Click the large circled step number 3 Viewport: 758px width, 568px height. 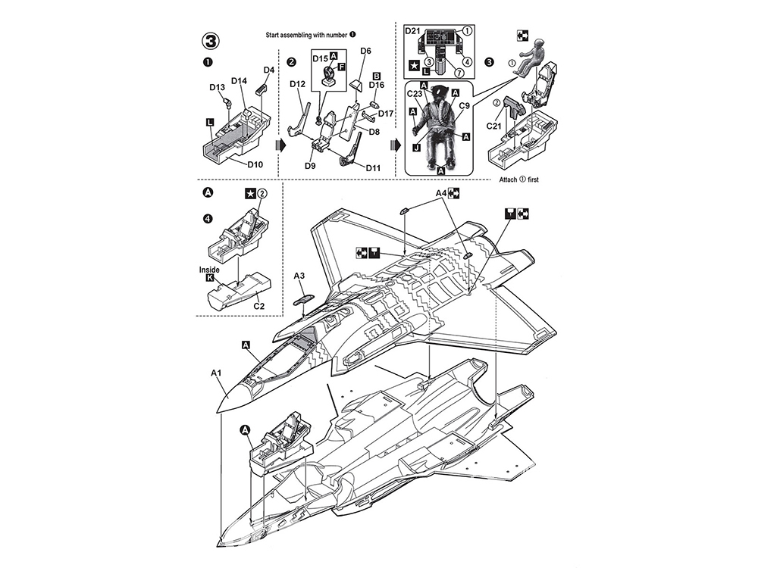pos(211,41)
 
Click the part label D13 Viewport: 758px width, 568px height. pos(217,87)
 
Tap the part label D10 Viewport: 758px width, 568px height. pos(255,164)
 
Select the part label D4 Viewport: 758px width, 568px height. pos(269,70)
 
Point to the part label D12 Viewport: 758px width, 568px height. pos(298,84)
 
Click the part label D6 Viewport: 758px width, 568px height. pos(365,51)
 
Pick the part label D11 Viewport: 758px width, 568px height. pos(373,168)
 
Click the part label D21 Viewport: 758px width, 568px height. pos(413,31)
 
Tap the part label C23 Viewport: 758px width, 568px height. pos(415,94)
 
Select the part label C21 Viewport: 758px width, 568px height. pos(494,126)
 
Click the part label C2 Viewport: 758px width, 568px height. pos(259,306)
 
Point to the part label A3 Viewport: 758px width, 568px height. pos(299,276)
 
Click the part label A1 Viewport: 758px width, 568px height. pos(216,373)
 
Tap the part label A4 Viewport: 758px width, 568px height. pos(441,193)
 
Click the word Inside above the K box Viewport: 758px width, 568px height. pos(209,270)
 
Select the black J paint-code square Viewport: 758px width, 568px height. pos(416,148)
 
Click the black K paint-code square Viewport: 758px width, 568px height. pos(209,278)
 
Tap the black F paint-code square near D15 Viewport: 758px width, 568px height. pos(341,67)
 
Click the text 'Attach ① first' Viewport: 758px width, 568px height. pos(518,179)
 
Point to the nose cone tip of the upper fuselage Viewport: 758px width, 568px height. pos(216,413)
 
